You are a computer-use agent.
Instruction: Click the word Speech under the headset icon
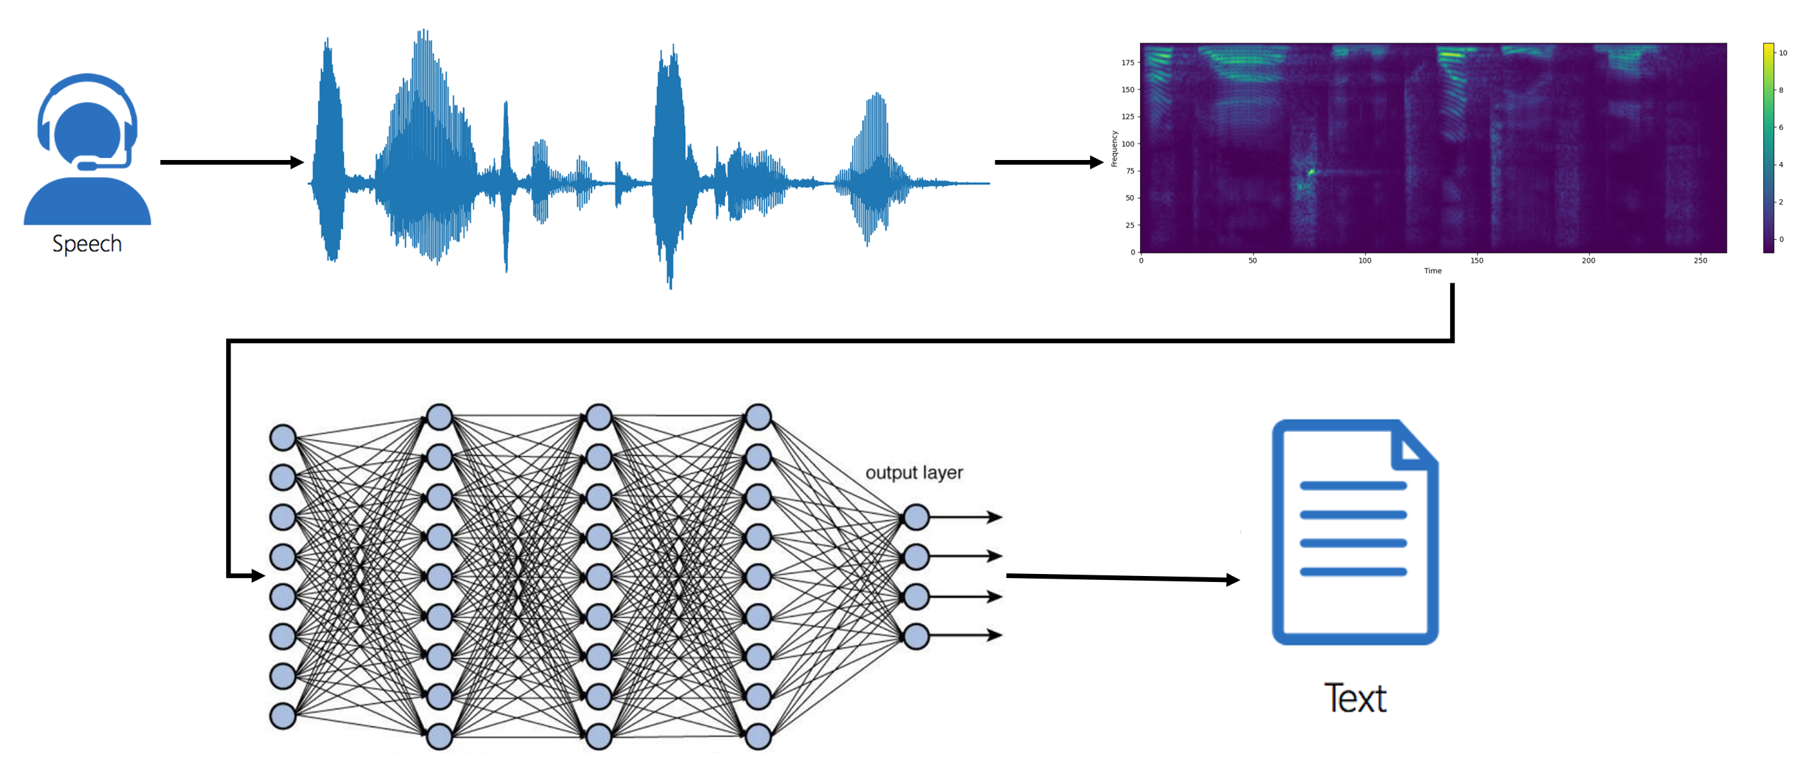87,243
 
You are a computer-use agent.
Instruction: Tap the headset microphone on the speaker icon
87,165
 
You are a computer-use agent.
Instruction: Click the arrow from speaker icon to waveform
231,162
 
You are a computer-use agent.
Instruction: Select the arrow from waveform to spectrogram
1048,162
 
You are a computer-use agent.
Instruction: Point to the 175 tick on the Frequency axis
1127,63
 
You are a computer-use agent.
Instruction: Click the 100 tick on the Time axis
1364,261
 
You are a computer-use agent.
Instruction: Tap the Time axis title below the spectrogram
1432,271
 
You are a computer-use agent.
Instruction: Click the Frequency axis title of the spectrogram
1114,149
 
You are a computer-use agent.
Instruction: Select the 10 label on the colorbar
1783,53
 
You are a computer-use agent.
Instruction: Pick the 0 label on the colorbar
1781,239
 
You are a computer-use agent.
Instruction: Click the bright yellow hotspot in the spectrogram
1310,171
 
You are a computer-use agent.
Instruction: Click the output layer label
914,473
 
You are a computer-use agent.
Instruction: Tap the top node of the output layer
916,517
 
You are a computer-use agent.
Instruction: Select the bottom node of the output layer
916,636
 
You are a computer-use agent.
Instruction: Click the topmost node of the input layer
283,437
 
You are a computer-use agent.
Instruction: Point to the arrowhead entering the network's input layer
257,576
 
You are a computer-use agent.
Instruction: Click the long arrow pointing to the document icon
1122,578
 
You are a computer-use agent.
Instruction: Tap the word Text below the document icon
1355,699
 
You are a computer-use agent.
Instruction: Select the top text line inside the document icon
1353,485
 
